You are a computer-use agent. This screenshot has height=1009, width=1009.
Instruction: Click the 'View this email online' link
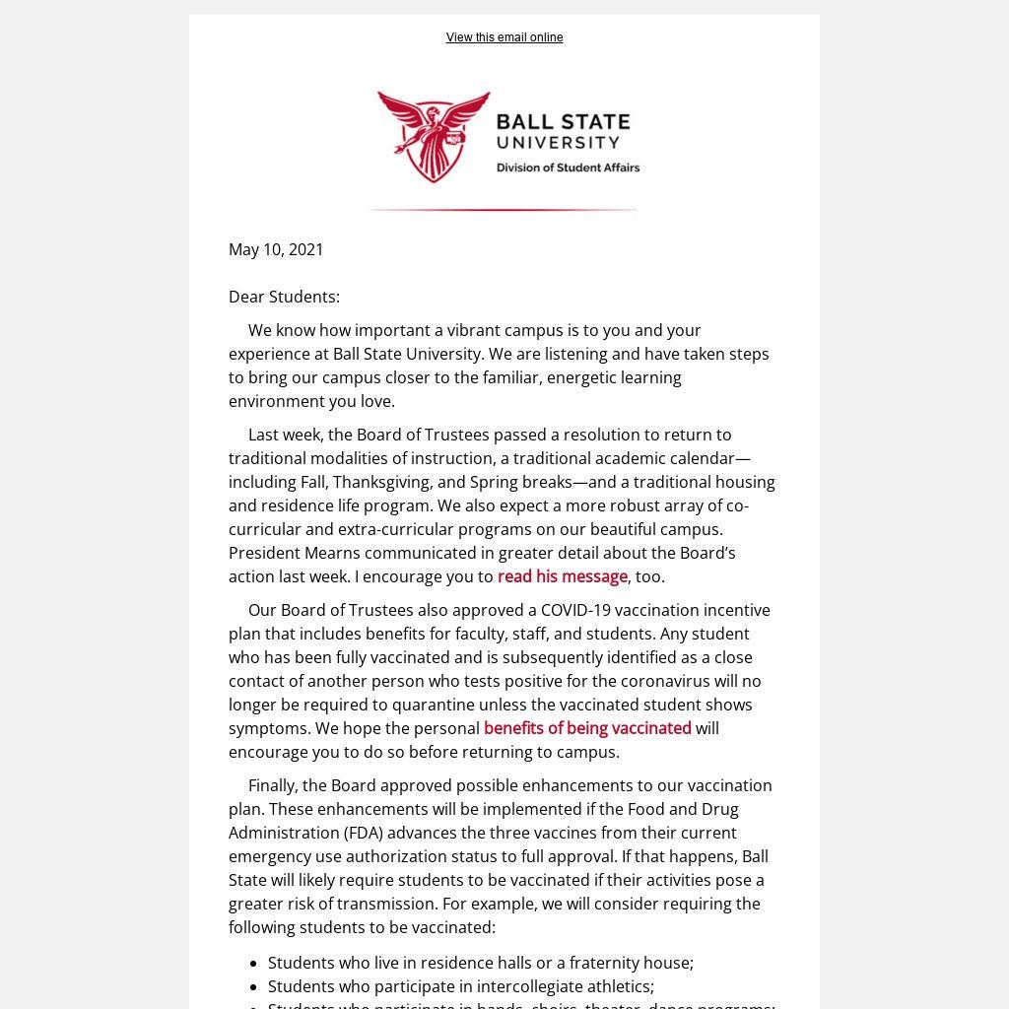point(504,37)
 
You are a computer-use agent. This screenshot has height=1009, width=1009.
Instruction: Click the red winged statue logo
point(434,136)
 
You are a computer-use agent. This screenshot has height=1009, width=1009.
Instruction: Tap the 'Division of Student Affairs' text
point(568,168)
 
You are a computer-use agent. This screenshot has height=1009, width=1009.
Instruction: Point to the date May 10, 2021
point(276,249)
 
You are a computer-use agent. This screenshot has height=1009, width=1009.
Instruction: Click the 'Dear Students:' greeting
point(284,297)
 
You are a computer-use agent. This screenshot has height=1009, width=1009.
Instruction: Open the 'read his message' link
point(562,576)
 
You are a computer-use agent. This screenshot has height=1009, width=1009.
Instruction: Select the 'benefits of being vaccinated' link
point(587,728)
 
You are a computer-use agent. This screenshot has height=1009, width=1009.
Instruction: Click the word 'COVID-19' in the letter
point(575,610)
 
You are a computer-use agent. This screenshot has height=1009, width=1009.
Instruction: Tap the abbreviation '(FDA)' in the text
point(369,833)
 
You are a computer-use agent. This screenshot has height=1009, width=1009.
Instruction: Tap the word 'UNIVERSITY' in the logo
point(558,143)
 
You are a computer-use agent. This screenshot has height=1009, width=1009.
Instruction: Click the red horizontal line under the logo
point(504,210)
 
